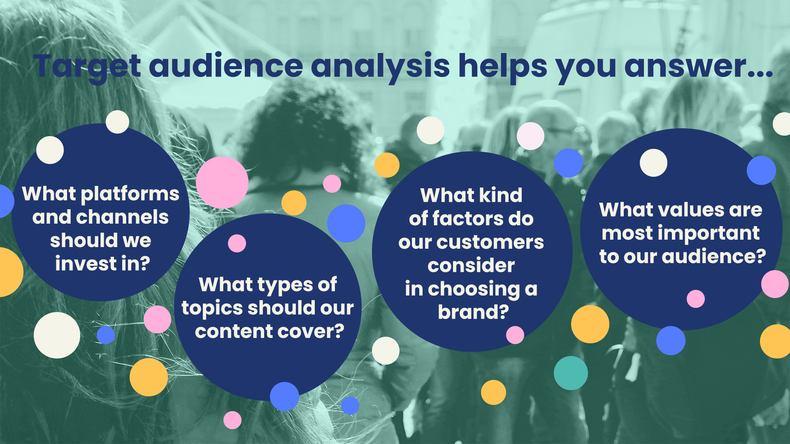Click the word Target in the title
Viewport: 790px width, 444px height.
88,67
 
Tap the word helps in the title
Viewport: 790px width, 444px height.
503,67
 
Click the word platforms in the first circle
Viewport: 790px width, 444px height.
130,194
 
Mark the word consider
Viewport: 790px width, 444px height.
471,266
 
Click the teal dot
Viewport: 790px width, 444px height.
571,373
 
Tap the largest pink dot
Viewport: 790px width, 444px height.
222,182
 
